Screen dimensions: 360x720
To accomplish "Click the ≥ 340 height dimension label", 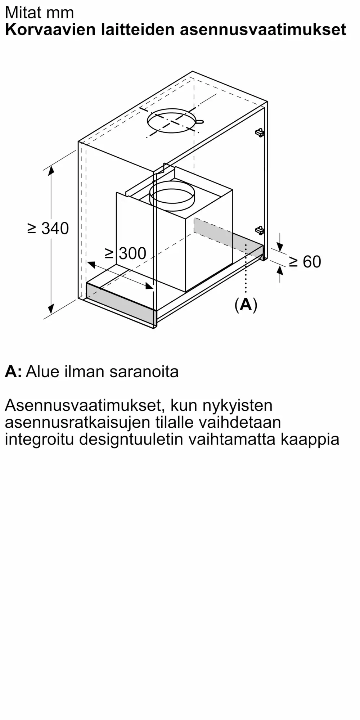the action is (x=48, y=229).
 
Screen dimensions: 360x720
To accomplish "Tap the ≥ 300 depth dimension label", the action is (x=126, y=253).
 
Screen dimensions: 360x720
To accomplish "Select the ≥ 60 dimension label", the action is (x=305, y=262).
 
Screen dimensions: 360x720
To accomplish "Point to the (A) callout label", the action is (x=246, y=305).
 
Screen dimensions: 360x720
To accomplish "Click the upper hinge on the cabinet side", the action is (x=260, y=132).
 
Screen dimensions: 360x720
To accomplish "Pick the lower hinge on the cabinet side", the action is (x=260, y=230).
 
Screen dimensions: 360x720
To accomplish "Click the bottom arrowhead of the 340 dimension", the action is (x=51, y=309).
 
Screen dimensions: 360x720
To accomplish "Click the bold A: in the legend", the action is (x=13, y=372).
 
